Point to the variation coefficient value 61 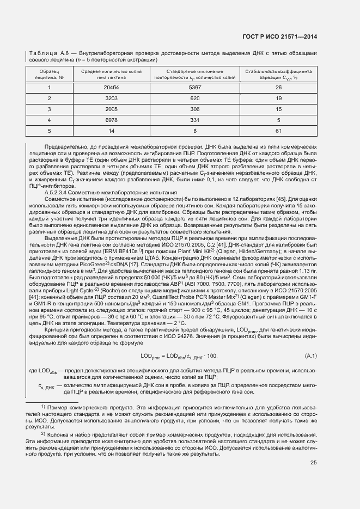click(x=278, y=131)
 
